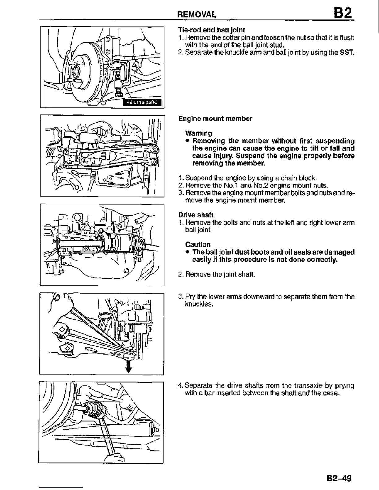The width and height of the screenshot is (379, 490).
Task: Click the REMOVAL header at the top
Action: point(196,15)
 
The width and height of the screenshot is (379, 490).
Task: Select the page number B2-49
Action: point(339,478)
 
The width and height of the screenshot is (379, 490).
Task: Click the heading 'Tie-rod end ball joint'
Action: point(211,30)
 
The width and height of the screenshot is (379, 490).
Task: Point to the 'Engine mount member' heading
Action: point(215,119)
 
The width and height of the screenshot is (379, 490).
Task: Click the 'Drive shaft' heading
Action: point(196,215)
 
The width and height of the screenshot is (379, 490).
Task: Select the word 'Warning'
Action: point(198,133)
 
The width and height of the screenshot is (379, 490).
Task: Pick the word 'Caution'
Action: point(198,244)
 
